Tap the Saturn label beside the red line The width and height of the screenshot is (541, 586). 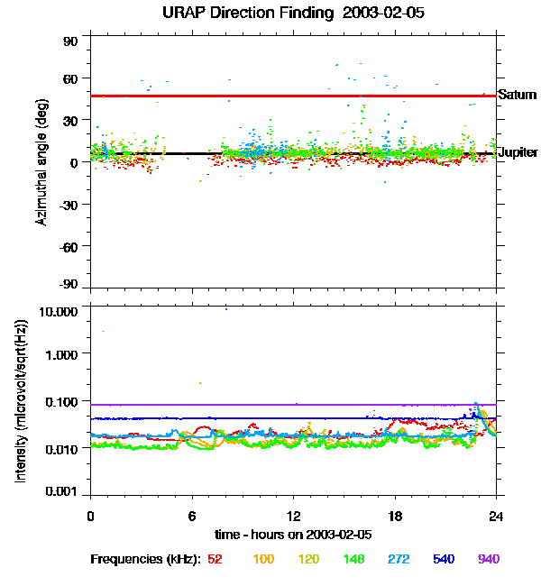pyautogui.click(x=518, y=94)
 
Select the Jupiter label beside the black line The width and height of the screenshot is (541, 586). pyautogui.click(x=518, y=152)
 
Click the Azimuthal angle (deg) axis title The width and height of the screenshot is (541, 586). pyautogui.click(x=42, y=163)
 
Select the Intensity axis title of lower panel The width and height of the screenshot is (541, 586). pyautogui.click(x=20, y=401)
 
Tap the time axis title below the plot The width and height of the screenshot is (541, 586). pyautogui.click(x=294, y=534)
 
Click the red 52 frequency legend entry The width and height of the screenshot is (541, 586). pyautogui.click(x=215, y=559)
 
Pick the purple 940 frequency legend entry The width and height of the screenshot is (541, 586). pyautogui.click(x=489, y=559)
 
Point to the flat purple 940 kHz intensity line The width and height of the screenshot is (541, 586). pyautogui.click(x=270, y=405)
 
